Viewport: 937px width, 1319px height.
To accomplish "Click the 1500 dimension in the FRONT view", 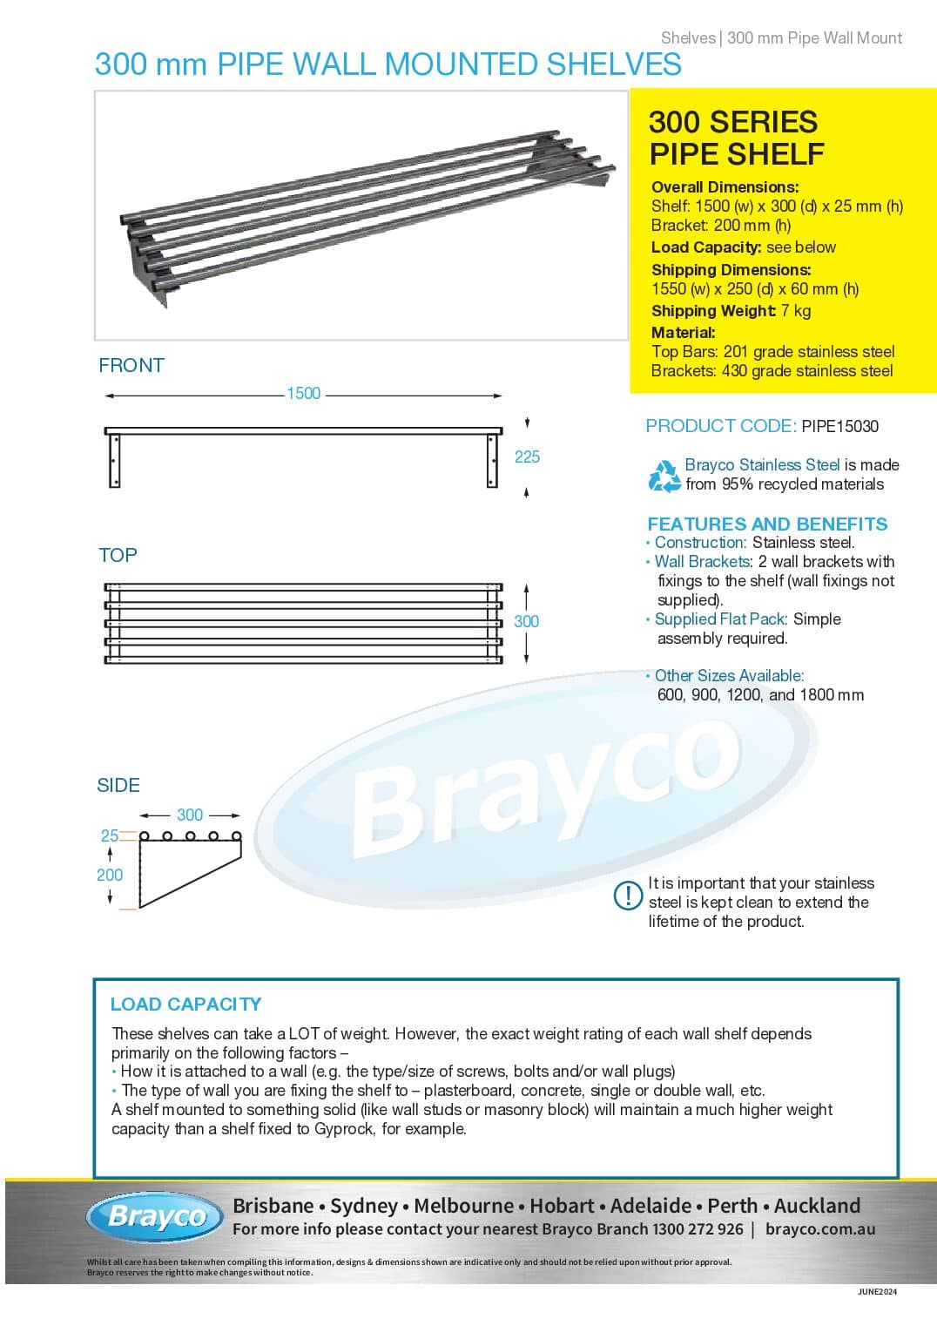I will [x=303, y=394].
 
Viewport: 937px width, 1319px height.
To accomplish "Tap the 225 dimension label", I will [x=527, y=457].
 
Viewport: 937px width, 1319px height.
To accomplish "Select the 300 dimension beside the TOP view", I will [x=526, y=621].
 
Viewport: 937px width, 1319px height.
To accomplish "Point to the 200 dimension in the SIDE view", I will [x=110, y=875].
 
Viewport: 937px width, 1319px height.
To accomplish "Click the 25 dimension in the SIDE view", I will [x=109, y=835].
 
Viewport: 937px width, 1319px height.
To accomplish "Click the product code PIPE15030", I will [x=839, y=426].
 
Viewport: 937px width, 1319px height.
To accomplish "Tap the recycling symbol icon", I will [x=664, y=476].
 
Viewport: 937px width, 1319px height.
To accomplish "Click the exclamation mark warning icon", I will [x=628, y=896].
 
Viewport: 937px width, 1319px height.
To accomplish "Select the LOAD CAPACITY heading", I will [x=185, y=1004].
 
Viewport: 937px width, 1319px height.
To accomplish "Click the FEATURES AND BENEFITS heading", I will [x=767, y=524].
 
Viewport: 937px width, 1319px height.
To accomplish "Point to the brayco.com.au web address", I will [x=820, y=1229].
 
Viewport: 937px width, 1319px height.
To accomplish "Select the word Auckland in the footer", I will [x=817, y=1206].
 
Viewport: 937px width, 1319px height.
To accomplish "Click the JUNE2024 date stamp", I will [x=877, y=1292].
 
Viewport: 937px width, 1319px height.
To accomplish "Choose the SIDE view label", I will [x=118, y=785].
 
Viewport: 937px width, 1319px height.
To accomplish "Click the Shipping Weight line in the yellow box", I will [x=731, y=311].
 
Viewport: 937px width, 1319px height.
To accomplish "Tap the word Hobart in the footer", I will [x=563, y=1206].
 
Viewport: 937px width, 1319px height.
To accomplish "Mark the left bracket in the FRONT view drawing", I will [x=113, y=460].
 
